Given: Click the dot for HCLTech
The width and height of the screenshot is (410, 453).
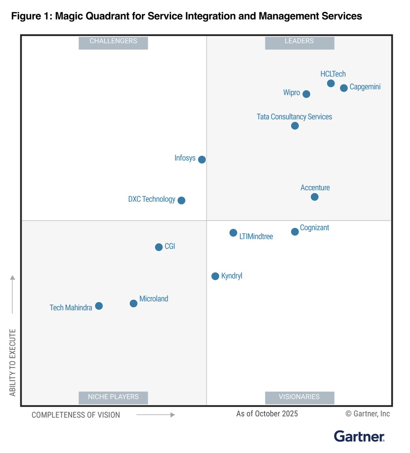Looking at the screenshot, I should (331, 83).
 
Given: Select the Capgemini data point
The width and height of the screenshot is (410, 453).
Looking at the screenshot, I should (344, 88).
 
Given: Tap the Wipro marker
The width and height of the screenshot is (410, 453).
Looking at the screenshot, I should (306, 94).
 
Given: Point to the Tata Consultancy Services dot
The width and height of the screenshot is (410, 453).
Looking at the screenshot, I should (295, 126).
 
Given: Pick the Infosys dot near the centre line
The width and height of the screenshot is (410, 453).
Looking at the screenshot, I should (202, 159).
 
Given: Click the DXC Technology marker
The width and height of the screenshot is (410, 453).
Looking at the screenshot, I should (181, 200).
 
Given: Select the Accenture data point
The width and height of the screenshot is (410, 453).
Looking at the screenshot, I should (315, 197).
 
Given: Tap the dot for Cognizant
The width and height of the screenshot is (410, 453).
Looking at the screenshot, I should (295, 232).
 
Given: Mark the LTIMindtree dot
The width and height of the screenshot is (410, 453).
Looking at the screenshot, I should (233, 233).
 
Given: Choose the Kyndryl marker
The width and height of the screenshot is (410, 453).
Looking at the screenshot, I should (215, 276).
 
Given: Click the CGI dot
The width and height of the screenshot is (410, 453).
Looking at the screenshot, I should (159, 247).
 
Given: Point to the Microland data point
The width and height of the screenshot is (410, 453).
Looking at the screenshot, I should (134, 303).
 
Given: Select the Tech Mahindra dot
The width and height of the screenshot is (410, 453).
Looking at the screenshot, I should (99, 306).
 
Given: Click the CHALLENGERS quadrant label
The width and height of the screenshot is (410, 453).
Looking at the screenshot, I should (113, 43).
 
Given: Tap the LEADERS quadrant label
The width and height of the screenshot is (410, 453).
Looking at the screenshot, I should (299, 43).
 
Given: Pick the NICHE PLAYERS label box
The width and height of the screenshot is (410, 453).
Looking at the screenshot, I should (113, 397).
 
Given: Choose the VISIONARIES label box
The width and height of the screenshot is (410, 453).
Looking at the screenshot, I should (299, 397).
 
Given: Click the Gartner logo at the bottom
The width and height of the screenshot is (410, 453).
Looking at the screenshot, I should (359, 436).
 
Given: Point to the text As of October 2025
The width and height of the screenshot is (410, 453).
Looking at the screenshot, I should (267, 414).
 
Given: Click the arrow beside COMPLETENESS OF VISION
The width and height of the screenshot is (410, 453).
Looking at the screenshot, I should (156, 415).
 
